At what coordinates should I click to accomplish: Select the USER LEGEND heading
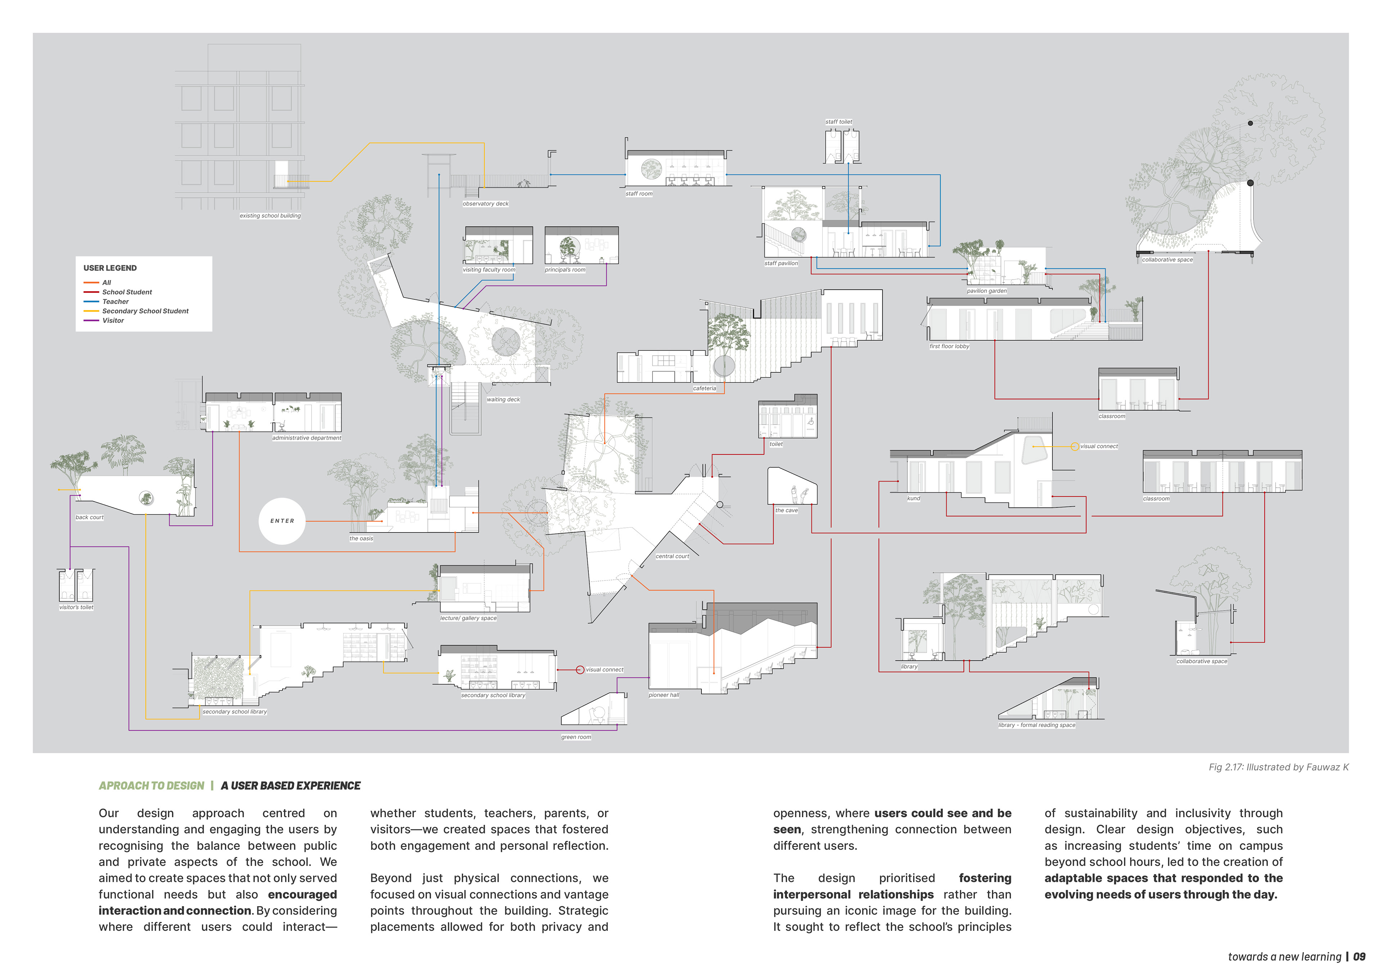coord(110,268)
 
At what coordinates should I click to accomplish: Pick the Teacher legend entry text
coord(116,302)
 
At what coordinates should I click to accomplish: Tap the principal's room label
coord(565,270)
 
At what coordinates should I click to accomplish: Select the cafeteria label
coord(704,388)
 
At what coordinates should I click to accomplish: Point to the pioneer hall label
coord(664,695)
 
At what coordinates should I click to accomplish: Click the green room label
coord(576,737)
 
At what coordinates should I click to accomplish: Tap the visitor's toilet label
coord(76,607)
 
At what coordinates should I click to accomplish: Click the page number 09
coord(1359,957)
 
